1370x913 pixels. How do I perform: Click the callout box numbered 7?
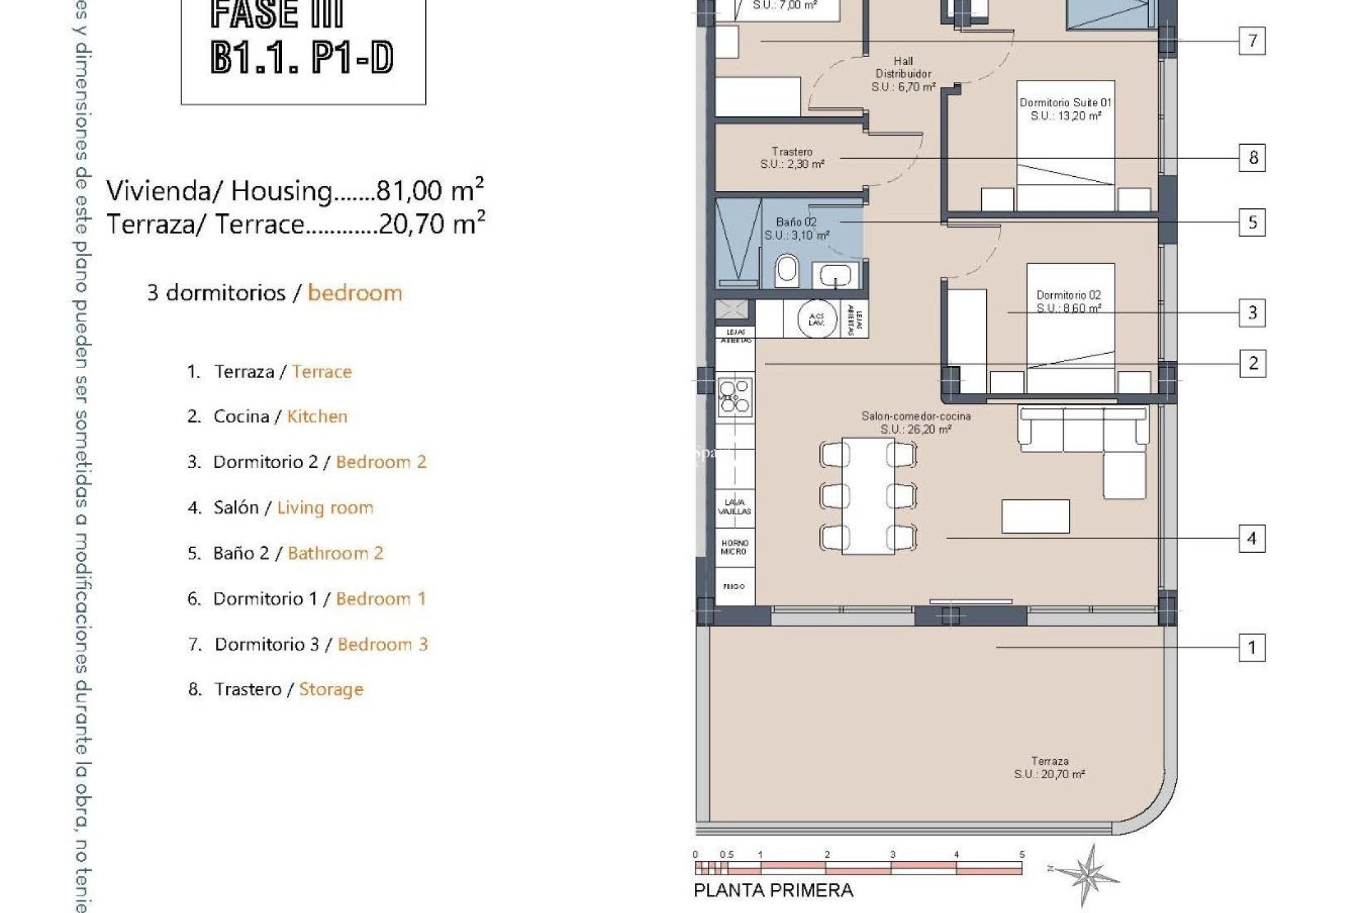(1252, 41)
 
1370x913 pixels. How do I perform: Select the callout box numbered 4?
(1252, 538)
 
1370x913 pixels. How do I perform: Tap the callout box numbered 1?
(1252, 648)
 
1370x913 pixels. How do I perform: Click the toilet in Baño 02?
(787, 270)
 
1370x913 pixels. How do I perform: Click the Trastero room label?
(792, 158)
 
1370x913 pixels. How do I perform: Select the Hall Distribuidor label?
(903, 73)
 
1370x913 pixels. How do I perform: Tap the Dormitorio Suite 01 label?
(1065, 109)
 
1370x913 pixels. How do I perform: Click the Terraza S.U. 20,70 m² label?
(1049, 767)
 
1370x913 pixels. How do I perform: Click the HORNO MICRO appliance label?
(734, 547)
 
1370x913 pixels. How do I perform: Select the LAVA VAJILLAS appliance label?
(734, 506)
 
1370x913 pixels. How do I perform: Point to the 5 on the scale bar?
(1022, 855)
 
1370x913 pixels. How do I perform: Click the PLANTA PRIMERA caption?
(773, 890)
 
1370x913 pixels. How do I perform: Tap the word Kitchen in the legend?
(317, 417)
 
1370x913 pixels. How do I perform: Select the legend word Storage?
(331, 690)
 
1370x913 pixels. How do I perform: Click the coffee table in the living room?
(1035, 516)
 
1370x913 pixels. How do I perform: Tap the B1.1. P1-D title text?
(303, 58)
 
